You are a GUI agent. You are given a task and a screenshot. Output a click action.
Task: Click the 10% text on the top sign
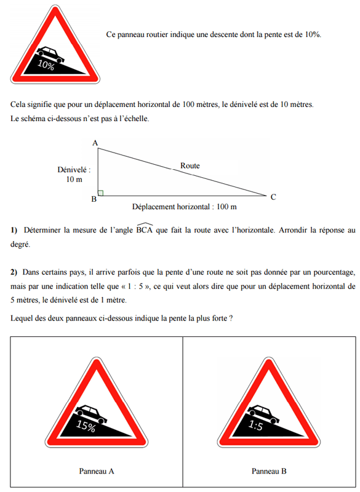click(x=46, y=65)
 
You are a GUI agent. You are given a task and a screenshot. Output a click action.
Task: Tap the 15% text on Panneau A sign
click(x=86, y=426)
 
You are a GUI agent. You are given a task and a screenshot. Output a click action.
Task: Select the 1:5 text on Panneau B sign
click(x=255, y=425)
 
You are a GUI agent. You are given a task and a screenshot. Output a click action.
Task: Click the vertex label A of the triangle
click(x=95, y=143)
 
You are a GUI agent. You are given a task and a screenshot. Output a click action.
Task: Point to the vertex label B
click(x=94, y=199)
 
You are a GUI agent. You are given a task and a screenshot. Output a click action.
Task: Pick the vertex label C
click(x=273, y=197)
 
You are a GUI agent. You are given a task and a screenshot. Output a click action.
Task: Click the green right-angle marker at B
click(x=100, y=193)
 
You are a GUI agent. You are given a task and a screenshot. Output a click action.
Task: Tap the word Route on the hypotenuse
click(x=190, y=165)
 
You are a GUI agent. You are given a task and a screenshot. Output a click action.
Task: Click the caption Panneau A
click(x=97, y=471)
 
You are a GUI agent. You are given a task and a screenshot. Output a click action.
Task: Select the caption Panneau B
click(x=269, y=471)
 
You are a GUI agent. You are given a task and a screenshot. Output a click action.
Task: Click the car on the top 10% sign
click(x=50, y=54)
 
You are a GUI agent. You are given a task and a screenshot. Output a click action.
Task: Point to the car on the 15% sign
click(x=91, y=413)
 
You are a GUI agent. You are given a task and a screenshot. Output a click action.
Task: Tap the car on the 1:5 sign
click(x=263, y=414)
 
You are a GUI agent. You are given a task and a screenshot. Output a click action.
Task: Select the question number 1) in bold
click(x=14, y=230)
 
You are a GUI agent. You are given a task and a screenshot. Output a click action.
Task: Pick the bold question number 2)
click(x=14, y=272)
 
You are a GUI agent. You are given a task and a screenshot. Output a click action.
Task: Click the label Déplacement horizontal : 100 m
click(x=184, y=207)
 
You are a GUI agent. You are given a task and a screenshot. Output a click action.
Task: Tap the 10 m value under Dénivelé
click(x=74, y=179)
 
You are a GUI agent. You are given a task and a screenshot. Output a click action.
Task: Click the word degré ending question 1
click(x=20, y=244)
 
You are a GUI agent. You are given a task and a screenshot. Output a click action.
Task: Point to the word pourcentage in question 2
click(x=335, y=272)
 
